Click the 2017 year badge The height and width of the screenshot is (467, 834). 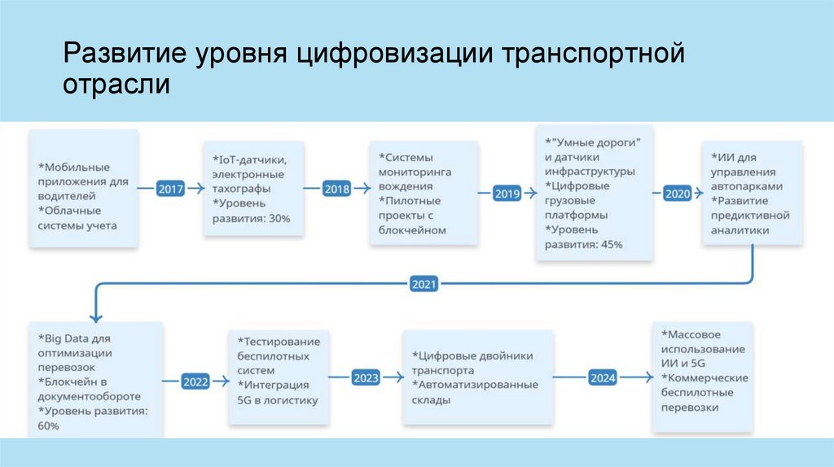tap(171, 189)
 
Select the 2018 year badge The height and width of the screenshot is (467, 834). tap(336, 189)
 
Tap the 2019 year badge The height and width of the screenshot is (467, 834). tap(507, 194)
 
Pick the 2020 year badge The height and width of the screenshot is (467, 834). tap(677, 194)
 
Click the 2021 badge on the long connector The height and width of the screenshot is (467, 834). tap(424, 285)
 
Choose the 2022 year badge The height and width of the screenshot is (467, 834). tap(195, 381)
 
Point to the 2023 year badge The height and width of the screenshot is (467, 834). tap(366, 378)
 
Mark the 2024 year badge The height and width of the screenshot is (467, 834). tap(603, 378)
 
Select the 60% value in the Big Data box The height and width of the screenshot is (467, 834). tap(48, 426)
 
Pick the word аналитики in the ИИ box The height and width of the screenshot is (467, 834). tap(740, 230)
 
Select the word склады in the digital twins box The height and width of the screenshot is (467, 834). tap(431, 399)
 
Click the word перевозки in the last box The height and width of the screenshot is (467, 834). tap(690, 407)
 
